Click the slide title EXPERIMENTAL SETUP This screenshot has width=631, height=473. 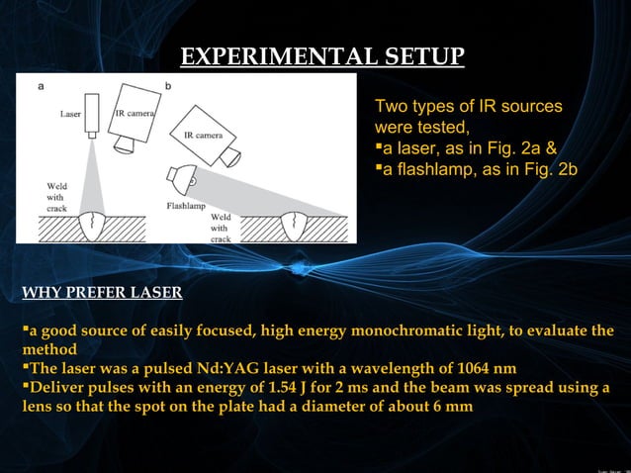(x=322, y=55)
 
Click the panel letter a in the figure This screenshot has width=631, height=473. (x=41, y=86)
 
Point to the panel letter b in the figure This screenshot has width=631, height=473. (x=168, y=86)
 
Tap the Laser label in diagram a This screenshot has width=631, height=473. (x=70, y=114)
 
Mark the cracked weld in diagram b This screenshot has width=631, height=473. (x=294, y=227)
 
